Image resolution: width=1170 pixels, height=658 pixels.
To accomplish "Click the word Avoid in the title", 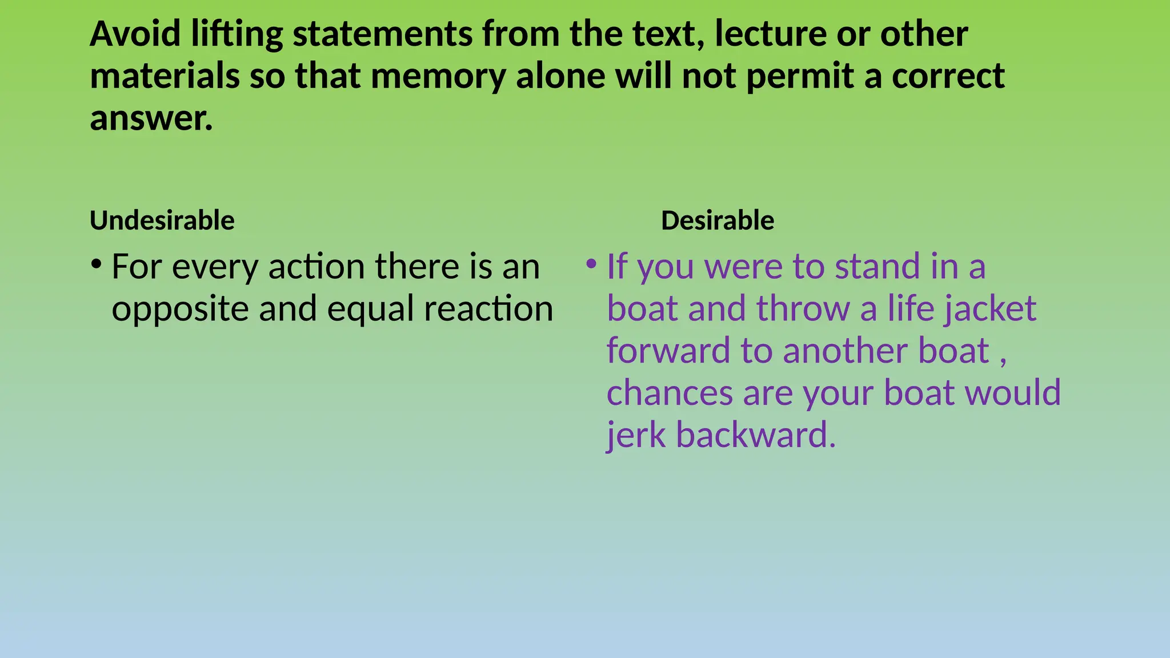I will (135, 34).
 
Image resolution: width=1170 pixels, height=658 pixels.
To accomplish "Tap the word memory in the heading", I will (438, 76).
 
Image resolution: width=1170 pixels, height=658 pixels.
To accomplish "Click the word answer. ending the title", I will (151, 118).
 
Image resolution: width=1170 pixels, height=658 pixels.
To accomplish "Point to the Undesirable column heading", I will (162, 220).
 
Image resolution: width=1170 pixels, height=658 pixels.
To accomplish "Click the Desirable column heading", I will (717, 220).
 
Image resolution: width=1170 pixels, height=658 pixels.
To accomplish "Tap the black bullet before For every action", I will (96, 264).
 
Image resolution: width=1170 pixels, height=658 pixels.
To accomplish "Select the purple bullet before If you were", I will (591, 264).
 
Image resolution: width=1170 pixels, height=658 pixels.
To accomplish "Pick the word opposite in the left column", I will (179, 309).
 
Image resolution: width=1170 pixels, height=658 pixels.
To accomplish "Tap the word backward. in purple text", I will (755, 435).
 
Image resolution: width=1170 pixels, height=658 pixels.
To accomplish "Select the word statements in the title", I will (382, 34).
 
